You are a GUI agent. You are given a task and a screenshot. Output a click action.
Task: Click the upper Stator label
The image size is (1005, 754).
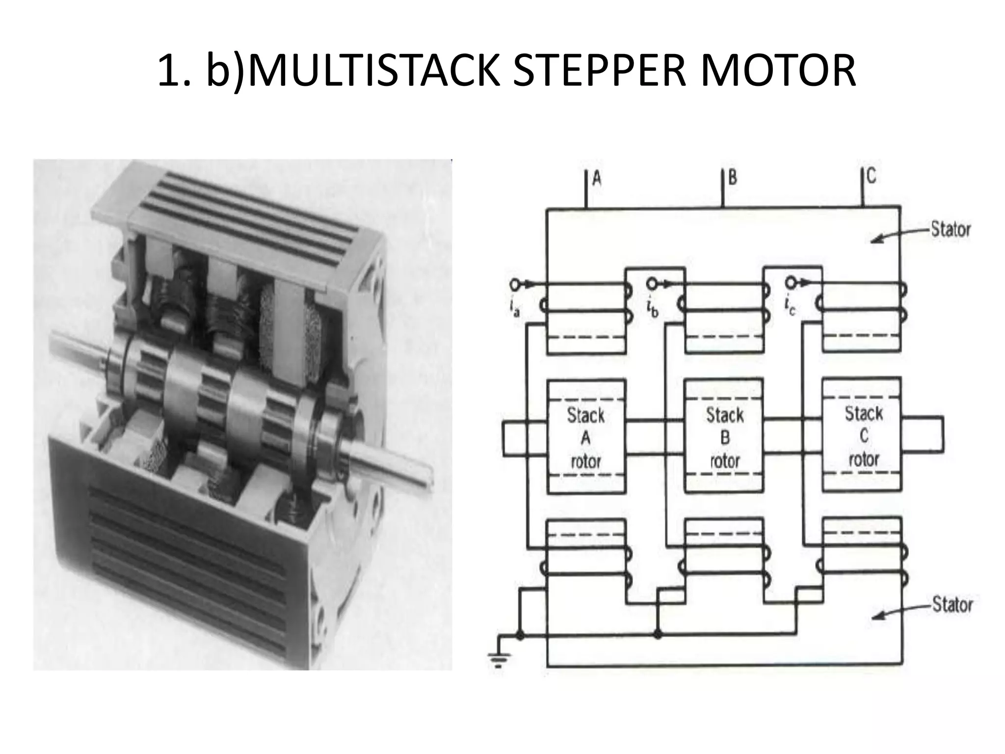[x=951, y=230]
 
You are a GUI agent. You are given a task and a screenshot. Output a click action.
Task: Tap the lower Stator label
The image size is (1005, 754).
[x=952, y=604]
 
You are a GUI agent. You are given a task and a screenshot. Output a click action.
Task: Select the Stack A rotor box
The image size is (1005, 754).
[x=586, y=436]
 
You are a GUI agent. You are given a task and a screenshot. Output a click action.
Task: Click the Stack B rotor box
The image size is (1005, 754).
[x=724, y=436]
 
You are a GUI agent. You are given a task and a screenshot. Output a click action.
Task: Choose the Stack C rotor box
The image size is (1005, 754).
[x=863, y=435]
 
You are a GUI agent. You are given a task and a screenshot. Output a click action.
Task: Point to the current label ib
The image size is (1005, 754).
[x=652, y=309]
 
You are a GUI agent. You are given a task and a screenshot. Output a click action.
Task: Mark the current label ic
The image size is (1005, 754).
[x=790, y=308]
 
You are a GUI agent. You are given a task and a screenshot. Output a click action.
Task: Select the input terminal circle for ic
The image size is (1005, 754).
[x=791, y=283]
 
